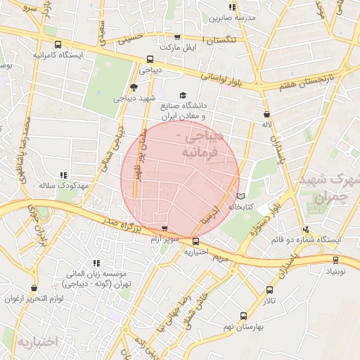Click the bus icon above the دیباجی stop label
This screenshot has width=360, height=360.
tap(149, 60)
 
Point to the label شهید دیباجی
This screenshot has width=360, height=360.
tap(134, 98)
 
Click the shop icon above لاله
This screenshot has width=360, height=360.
tap(266, 114)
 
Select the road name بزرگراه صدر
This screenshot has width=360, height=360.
tap(117, 226)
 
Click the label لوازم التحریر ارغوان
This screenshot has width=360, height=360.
tap(34, 299)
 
